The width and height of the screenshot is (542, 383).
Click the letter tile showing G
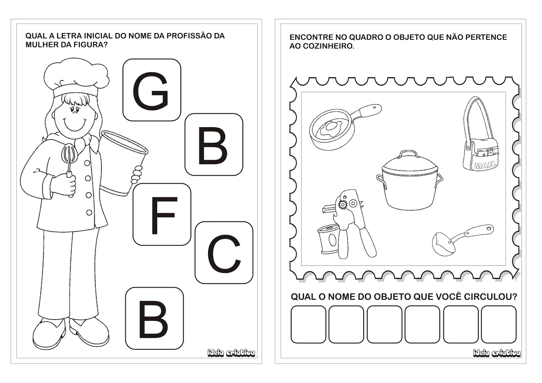(x=152, y=90)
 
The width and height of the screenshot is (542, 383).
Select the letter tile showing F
(x=162, y=214)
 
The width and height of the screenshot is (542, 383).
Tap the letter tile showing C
(x=224, y=253)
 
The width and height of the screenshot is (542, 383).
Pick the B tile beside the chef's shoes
(x=154, y=318)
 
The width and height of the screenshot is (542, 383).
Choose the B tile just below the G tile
(x=214, y=145)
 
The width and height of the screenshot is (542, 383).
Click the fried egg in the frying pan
(x=332, y=126)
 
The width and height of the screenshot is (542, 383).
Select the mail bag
(x=479, y=138)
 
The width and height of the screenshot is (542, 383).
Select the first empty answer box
(x=308, y=324)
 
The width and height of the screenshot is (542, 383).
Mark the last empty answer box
(x=499, y=324)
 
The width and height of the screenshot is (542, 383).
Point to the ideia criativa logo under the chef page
(x=231, y=354)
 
